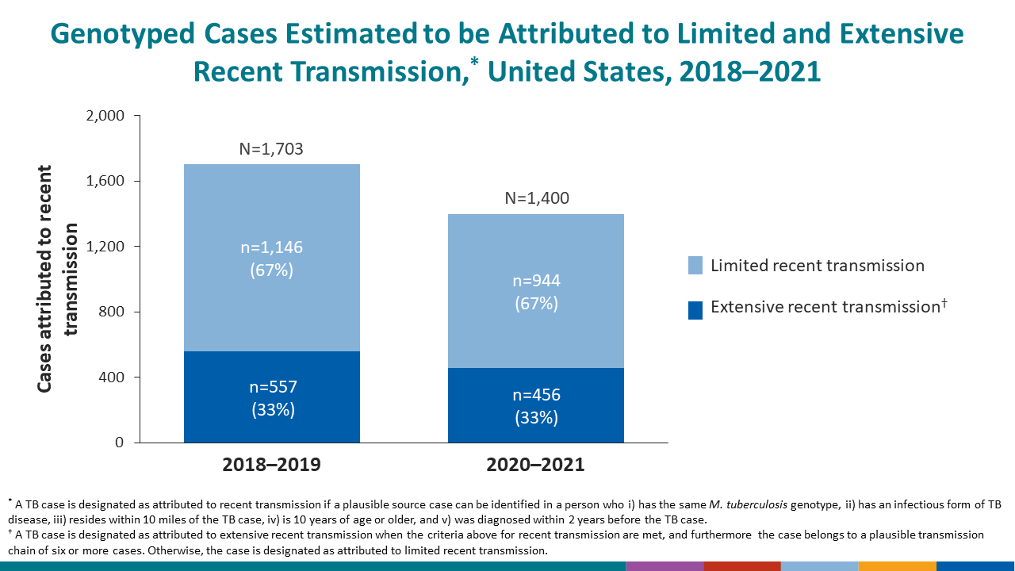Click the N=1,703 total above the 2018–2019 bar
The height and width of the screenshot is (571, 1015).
[271, 149]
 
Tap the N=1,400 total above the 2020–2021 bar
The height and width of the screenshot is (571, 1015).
[537, 198]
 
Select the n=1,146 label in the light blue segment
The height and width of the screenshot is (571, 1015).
[271, 247]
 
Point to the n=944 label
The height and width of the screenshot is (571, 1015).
[537, 281]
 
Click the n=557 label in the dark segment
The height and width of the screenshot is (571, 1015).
[271, 388]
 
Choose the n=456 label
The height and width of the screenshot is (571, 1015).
[537, 396]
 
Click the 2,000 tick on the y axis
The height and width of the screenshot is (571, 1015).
[104, 116]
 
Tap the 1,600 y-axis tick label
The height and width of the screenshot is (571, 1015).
[104, 181]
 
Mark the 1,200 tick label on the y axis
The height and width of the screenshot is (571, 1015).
[104, 247]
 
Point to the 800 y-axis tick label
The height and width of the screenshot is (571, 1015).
[110, 312]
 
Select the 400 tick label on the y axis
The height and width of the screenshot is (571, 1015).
[110, 377]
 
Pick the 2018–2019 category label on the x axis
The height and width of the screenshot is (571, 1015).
[271, 464]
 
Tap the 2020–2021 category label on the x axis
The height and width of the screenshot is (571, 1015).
[537, 464]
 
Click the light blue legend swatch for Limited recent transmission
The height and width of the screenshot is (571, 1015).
[695, 266]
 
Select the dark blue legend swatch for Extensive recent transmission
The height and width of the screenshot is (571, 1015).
[695, 308]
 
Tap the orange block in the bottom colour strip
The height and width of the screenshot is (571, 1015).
[897, 566]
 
